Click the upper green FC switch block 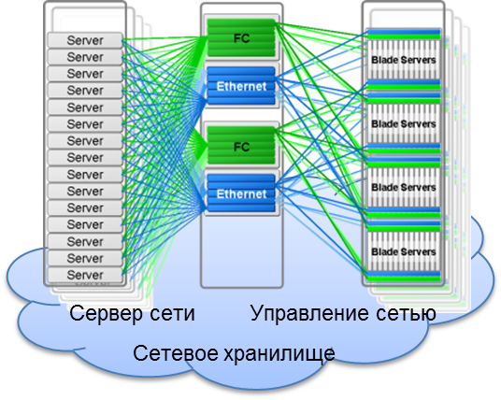(241, 38)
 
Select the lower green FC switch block (241, 146)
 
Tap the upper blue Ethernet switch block (241, 86)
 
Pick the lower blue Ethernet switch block (241, 193)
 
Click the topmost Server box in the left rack (85, 40)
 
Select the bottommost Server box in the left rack (85, 275)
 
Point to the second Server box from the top (85, 57)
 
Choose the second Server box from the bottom (85, 258)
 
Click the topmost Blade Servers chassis (404, 60)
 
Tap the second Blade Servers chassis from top (404, 123)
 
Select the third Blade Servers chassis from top (404, 187)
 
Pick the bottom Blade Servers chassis (404, 251)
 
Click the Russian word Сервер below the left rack (106, 314)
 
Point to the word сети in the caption (172, 314)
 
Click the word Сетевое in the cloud (175, 353)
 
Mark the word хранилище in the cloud (279, 354)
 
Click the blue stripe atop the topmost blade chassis (404, 31)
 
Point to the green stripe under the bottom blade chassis (404, 279)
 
